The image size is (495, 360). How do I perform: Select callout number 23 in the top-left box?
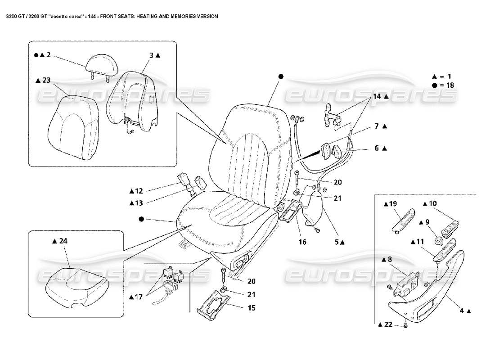(x=46, y=81)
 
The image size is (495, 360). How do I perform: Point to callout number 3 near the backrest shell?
(x=152, y=55)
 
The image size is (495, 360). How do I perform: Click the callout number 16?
(x=302, y=242)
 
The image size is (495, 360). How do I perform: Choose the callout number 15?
(x=251, y=308)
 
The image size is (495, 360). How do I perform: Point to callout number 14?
(x=377, y=97)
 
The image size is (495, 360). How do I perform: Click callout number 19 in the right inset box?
(x=391, y=204)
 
